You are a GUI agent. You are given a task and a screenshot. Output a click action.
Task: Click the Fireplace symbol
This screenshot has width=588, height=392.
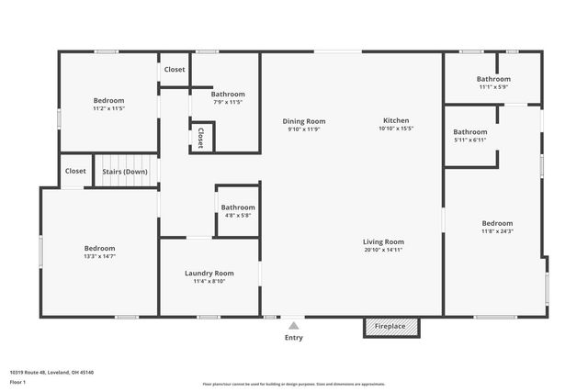coord(391,327)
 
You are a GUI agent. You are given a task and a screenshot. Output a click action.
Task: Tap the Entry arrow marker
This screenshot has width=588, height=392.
coord(293,325)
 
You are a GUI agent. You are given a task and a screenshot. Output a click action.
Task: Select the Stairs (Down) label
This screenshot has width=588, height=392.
coord(124,171)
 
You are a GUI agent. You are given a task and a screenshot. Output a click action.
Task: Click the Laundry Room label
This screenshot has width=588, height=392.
coord(209,274)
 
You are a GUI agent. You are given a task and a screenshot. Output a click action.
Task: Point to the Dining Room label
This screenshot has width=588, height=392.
coord(303,121)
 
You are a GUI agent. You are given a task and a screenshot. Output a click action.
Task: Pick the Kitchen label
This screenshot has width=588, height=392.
coord(396,121)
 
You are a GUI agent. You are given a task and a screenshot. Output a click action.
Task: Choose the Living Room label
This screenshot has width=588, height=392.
coord(383,242)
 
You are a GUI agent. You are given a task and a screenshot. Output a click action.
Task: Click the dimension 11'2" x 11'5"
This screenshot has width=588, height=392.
coord(108,108)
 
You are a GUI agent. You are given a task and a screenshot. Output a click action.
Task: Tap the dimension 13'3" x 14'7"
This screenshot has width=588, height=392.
coord(100,256)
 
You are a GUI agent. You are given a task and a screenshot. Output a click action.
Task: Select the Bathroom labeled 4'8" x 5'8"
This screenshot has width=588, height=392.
coord(237,207)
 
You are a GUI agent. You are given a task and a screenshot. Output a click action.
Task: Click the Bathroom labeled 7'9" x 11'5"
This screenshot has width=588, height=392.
coord(227,94)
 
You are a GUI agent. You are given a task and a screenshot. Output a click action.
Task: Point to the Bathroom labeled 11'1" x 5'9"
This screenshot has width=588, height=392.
coord(493,79)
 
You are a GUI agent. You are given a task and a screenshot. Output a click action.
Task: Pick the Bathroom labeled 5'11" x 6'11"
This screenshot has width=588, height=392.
coord(469,132)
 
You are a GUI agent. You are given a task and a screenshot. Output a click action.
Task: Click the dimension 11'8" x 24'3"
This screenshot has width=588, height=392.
coord(497,231)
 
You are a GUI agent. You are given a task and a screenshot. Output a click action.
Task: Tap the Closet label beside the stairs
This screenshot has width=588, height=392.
coord(75,171)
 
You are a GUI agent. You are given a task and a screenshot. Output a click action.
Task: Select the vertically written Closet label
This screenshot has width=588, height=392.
coord(200,137)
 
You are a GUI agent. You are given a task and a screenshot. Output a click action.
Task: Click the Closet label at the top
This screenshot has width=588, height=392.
coord(174,70)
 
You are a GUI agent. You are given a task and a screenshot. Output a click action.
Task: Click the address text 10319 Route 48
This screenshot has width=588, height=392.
coord(51,372)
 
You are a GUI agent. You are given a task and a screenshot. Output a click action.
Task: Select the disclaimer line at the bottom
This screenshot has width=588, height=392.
coord(293,382)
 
